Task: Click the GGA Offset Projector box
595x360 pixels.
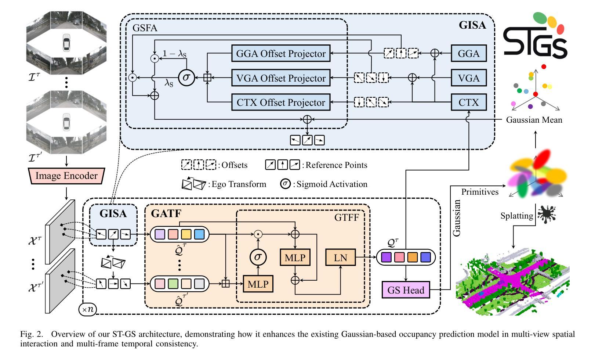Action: pyautogui.click(x=281, y=54)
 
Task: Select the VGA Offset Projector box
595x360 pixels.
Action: pyautogui.click(x=281, y=78)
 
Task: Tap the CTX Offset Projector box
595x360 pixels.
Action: pyautogui.click(x=281, y=102)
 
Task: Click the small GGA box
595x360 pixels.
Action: pyautogui.click(x=469, y=54)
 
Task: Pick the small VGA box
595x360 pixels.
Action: pyautogui.click(x=469, y=78)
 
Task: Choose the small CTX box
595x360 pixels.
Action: pyautogui.click(x=469, y=102)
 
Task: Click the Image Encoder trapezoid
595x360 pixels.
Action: pyautogui.click(x=66, y=176)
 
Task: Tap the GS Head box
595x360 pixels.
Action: pyautogui.click(x=406, y=290)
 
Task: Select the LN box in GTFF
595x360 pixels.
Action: pyautogui.click(x=340, y=258)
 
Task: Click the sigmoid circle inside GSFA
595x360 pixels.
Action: pyautogui.click(x=186, y=78)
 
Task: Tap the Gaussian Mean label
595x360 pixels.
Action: pyautogui.click(x=534, y=120)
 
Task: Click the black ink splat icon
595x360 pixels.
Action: pyautogui.click(x=547, y=214)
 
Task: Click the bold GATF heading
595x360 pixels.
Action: pyautogui.click(x=166, y=213)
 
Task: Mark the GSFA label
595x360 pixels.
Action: pyautogui.click(x=145, y=28)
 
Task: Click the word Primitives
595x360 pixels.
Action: pyautogui.click(x=480, y=192)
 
